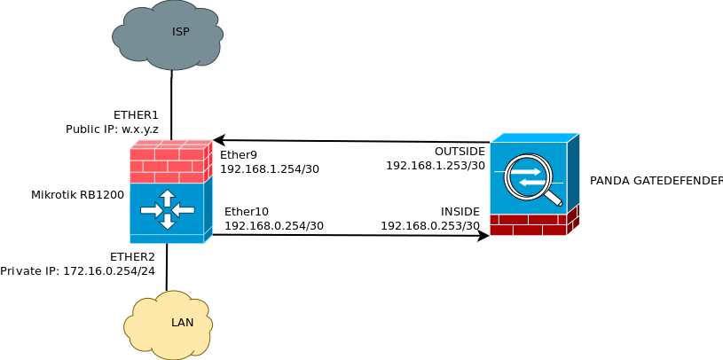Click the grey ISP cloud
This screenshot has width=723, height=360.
click(x=168, y=35)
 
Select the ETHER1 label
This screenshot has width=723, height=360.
click(x=136, y=114)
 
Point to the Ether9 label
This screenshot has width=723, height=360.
click(x=239, y=154)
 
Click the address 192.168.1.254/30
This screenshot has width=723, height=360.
click(x=270, y=168)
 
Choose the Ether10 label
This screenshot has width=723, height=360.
click(x=247, y=211)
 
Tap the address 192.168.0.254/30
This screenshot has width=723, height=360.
click(x=274, y=225)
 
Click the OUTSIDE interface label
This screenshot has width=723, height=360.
click(x=460, y=151)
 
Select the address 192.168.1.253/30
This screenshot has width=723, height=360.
click(x=436, y=165)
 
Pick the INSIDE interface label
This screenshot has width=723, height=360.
click(x=460, y=211)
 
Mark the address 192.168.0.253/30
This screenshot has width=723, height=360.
click(x=430, y=225)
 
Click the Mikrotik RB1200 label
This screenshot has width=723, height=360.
click(x=77, y=195)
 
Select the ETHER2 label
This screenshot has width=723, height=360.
click(x=132, y=257)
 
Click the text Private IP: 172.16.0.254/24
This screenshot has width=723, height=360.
click(x=77, y=271)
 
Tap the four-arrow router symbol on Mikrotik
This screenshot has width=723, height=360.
click(x=167, y=209)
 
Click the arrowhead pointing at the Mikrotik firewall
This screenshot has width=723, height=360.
click(x=218, y=140)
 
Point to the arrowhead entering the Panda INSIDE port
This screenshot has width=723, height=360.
click(x=483, y=236)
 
